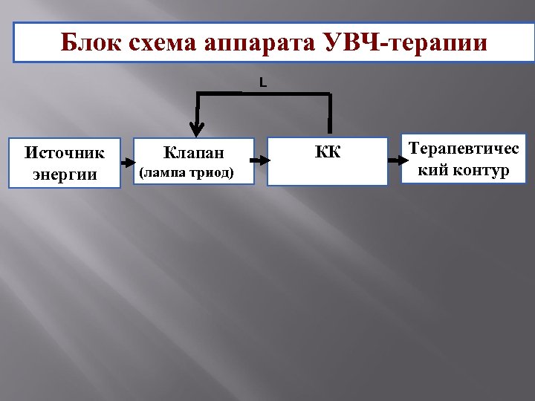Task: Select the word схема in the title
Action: point(159,43)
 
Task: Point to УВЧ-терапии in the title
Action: point(406,43)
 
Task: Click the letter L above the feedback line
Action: point(263,82)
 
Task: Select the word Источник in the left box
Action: point(65,153)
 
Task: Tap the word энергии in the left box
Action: point(65,175)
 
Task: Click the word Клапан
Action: point(192,154)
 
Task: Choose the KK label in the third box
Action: point(328,153)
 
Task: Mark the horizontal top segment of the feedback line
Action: point(263,94)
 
